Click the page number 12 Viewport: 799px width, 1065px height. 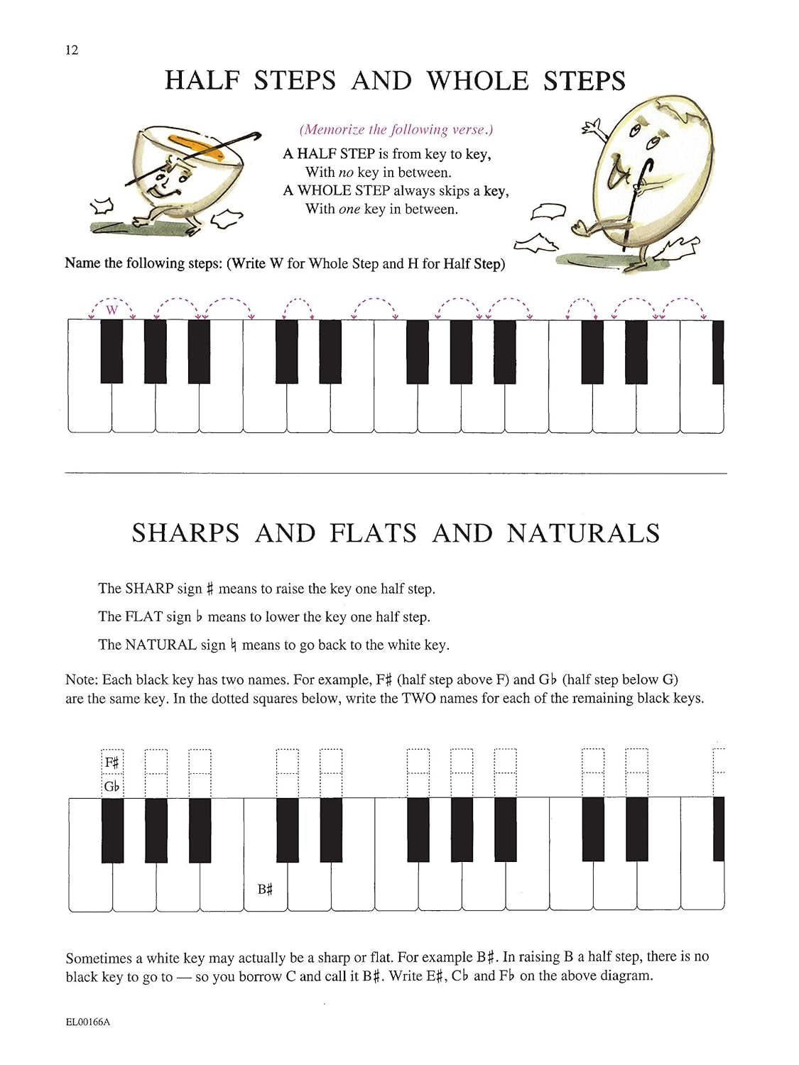pos(72,50)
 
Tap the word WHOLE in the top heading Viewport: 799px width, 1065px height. pos(478,81)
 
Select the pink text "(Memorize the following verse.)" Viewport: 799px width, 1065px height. pos(396,129)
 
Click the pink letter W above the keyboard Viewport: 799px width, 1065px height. pos(112,310)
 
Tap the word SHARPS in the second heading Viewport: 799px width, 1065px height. pos(186,533)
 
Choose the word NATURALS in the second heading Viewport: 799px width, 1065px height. pos(583,533)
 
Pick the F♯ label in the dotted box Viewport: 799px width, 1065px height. pos(112,763)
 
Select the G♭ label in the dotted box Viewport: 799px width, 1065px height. pos(112,786)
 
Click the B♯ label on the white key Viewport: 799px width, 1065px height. pos(265,889)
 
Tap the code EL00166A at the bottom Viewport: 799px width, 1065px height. pos(87,1022)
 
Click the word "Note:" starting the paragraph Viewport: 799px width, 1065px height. pos(82,679)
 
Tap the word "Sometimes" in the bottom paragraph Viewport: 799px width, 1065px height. pos(99,958)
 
